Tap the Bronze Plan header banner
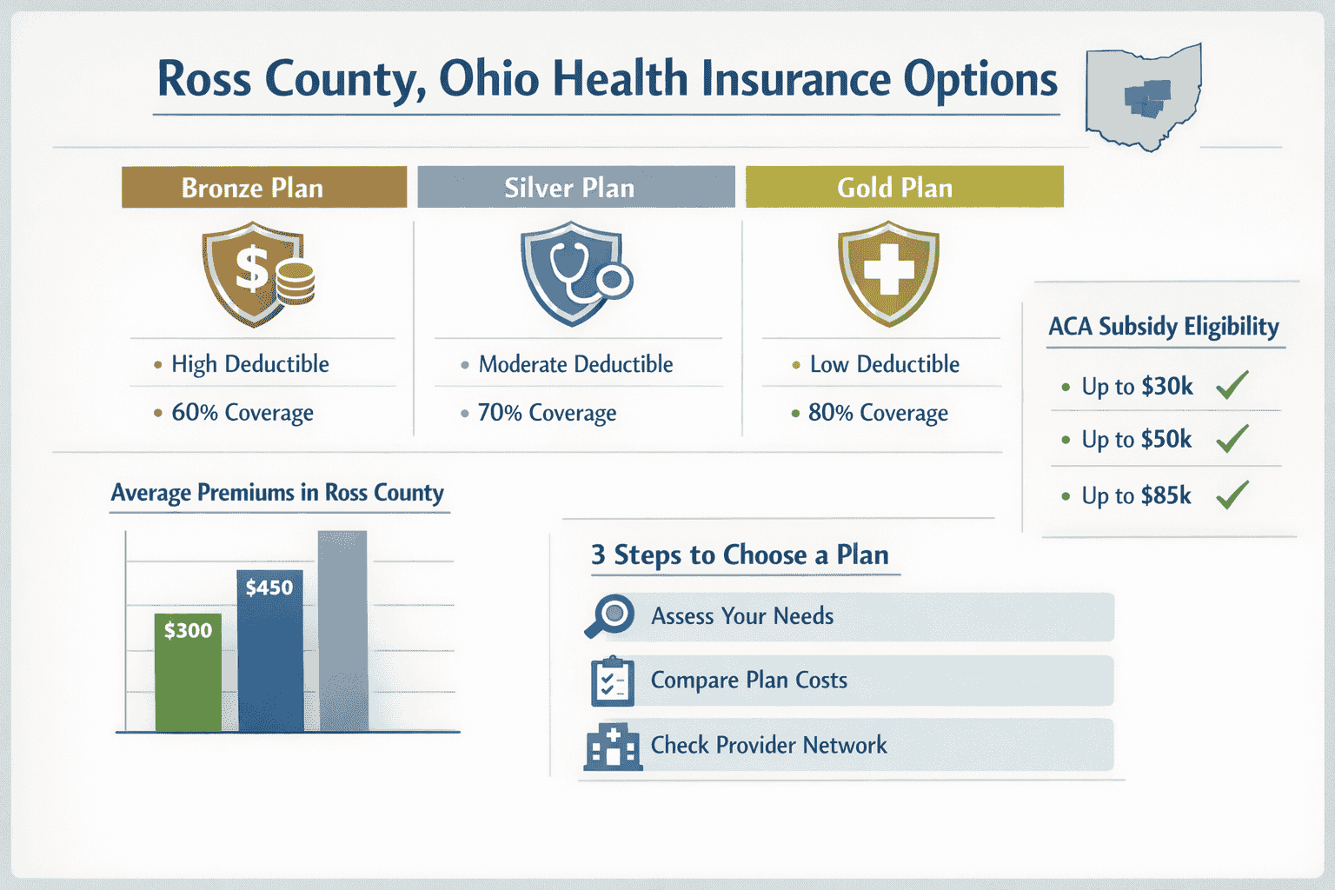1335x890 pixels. pos(263,188)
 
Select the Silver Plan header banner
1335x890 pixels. pos(575,188)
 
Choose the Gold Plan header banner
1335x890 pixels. pos(904,188)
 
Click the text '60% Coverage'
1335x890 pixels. pos(242,413)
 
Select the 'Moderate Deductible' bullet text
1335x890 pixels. pos(575,364)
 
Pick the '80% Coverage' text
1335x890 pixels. pos(878,413)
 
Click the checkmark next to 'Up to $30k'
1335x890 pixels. pos(1232,385)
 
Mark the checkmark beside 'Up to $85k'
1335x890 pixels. pos(1232,495)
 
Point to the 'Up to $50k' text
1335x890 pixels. pos(1136,440)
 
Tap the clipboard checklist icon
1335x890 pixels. pos(612,681)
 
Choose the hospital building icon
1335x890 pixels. pos(613,747)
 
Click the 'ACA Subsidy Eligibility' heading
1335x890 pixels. pos(1163,327)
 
